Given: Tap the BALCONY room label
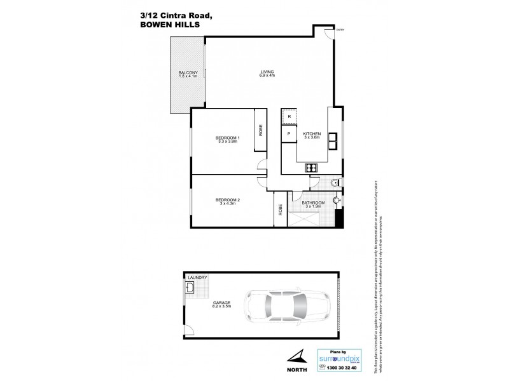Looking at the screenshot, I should click(188, 73).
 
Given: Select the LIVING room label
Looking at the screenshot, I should click(267, 71).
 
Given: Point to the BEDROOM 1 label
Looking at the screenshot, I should click(227, 138).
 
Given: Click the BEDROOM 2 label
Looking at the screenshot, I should click(227, 199).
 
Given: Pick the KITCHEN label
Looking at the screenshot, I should click(312, 134).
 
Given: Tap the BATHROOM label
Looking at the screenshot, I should click(314, 203).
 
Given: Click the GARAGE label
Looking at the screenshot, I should click(222, 302).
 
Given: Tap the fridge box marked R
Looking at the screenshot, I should click(289, 117).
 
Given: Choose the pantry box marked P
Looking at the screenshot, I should click(289, 134).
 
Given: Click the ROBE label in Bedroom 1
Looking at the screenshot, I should click(260, 130).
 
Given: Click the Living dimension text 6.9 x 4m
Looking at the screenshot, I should click(267, 76).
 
